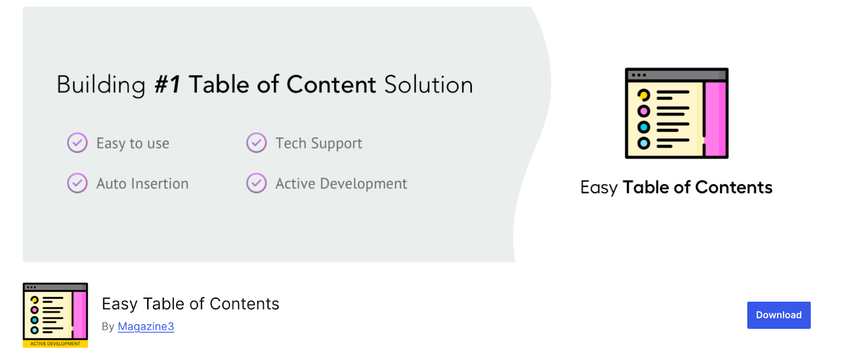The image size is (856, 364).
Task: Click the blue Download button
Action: click(x=778, y=315)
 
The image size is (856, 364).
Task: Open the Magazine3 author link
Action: click(x=146, y=327)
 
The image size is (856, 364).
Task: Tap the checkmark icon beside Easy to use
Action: click(x=77, y=143)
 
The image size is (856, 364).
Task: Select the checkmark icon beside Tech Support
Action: click(x=256, y=143)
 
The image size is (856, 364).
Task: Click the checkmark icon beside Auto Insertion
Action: click(x=77, y=183)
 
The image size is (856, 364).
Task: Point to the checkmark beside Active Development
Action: click(x=256, y=183)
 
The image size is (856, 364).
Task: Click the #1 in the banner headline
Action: click(x=167, y=85)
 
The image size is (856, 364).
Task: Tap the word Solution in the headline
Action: click(x=428, y=85)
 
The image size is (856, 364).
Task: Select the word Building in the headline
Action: click(x=101, y=85)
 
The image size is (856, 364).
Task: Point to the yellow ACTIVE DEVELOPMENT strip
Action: click(x=55, y=344)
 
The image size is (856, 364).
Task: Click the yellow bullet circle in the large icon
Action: click(x=644, y=95)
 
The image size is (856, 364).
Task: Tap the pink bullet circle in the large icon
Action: click(x=644, y=111)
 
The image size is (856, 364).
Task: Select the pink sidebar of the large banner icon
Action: click(x=715, y=118)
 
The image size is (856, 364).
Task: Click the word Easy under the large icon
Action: click(x=599, y=188)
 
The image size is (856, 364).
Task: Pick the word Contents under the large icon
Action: click(x=733, y=187)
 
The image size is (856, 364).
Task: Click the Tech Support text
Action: click(x=319, y=143)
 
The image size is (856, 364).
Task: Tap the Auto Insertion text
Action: click(x=142, y=184)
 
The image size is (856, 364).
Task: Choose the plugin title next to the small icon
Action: click(x=190, y=304)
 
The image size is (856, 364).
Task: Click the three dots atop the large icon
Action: click(x=639, y=75)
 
